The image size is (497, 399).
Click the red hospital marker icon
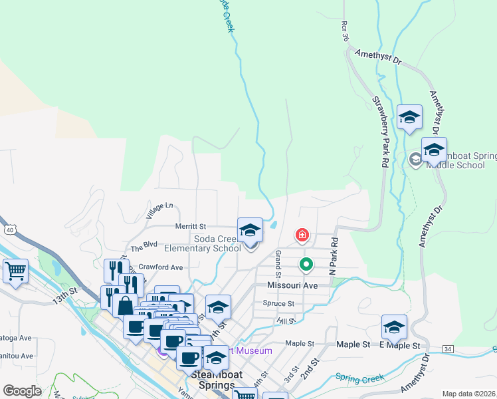(x=302, y=235)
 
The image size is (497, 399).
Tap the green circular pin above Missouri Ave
(x=306, y=265)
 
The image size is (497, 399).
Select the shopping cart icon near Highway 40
(x=15, y=271)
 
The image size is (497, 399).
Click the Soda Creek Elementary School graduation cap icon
(x=250, y=230)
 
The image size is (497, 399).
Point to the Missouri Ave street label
(x=292, y=285)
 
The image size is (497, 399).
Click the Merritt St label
(x=191, y=226)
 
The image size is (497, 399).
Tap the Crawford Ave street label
(x=161, y=267)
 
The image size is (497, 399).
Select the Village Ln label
(x=159, y=211)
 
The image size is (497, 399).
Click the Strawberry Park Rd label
(x=379, y=133)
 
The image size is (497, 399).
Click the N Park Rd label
(x=334, y=257)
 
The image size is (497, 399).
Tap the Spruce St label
(x=278, y=303)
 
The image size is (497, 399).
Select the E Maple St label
(x=399, y=345)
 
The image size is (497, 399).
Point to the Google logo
(x=22, y=390)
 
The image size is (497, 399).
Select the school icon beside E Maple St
(x=394, y=327)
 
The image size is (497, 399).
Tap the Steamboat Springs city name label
(x=213, y=380)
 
